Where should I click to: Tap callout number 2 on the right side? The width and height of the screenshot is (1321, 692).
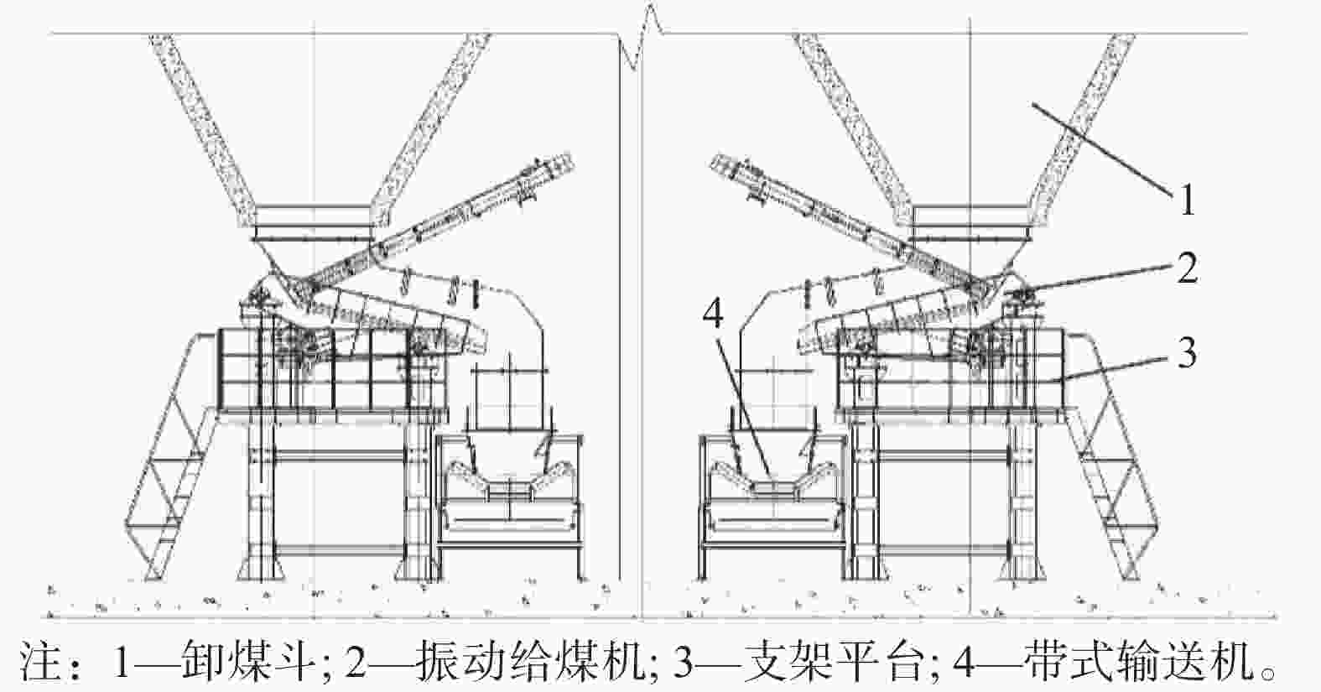[x=1187, y=268]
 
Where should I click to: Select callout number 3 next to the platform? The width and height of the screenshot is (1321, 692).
[x=1187, y=353]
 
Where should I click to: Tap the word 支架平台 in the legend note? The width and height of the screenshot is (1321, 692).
[x=831, y=660]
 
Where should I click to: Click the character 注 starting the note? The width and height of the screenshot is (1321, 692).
[x=41, y=661]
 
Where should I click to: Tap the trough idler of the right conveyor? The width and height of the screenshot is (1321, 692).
[x=773, y=480]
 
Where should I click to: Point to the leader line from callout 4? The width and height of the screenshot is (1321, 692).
[x=744, y=406]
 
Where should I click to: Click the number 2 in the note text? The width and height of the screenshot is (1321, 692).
[x=356, y=661]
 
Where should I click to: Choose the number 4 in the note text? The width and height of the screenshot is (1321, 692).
[x=964, y=661]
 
